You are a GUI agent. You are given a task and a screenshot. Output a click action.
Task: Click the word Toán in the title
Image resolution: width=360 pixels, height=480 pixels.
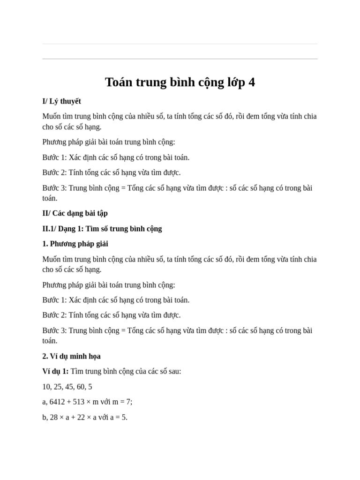119,82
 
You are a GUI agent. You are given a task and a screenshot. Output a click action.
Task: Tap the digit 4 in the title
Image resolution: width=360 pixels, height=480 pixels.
252,82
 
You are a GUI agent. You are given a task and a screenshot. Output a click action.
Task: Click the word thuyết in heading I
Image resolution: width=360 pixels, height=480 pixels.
70,101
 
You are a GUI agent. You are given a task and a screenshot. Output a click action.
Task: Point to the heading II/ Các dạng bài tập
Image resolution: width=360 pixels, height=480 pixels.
75,213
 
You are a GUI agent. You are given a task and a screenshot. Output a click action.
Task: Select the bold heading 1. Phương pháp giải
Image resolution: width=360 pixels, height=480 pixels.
75,244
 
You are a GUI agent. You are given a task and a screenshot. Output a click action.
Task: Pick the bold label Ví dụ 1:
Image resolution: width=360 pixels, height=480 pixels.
55,371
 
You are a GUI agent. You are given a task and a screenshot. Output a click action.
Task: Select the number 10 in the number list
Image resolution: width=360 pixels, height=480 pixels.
46,387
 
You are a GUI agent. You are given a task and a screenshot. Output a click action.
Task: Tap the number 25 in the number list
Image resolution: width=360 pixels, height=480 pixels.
59,387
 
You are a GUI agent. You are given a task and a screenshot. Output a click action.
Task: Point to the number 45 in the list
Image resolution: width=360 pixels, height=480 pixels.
71,387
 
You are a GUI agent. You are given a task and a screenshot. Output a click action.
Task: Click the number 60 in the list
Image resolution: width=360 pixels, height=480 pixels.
83,387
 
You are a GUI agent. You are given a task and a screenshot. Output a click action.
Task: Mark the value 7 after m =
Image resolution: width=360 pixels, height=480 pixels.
129,402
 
